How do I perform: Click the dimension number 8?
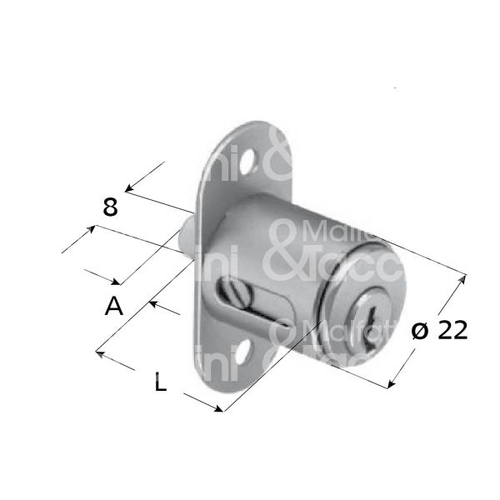111,206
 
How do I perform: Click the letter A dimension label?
114,307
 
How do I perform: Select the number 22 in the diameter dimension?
452,331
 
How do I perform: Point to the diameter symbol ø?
421,332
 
